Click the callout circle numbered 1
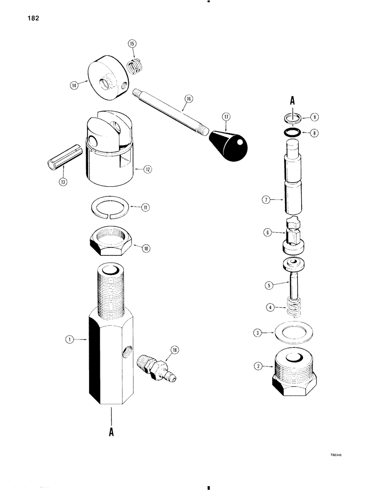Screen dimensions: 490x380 pos(71,338)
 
